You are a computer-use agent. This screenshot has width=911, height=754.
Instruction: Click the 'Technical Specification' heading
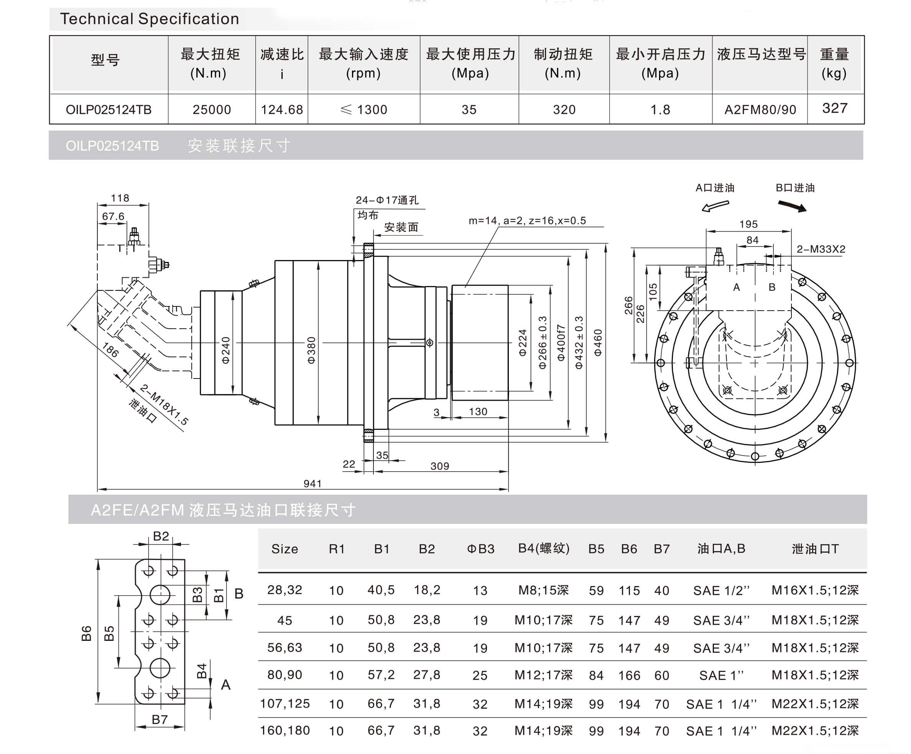coord(149,19)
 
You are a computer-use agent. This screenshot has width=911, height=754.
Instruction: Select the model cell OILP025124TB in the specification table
coord(109,110)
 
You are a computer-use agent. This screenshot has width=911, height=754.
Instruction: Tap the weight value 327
coord(835,108)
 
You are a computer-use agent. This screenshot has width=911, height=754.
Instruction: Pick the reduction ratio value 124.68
coord(282,110)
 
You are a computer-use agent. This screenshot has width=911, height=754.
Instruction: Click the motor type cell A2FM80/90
coord(760,110)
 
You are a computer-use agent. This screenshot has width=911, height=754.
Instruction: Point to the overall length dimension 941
coord(312,483)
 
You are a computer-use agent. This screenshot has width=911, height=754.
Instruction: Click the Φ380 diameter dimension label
coord(311,350)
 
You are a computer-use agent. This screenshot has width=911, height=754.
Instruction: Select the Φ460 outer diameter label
coord(598,343)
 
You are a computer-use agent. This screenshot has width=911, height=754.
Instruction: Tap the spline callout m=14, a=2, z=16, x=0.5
coord(527,221)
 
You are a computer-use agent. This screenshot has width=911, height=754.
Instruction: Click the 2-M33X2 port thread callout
coord(821,249)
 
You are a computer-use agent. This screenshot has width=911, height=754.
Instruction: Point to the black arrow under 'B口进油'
coord(792,206)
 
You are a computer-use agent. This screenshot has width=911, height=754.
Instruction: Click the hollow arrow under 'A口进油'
coord(715,206)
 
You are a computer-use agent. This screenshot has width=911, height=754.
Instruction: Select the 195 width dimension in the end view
coord(748,224)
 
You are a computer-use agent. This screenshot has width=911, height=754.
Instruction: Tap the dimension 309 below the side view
coord(439,466)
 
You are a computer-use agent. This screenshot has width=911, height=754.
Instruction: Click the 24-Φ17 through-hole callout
coord(387,200)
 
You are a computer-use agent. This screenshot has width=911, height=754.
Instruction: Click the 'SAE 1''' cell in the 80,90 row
coord(721,675)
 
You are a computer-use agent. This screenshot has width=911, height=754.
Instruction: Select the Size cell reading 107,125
coord(284,704)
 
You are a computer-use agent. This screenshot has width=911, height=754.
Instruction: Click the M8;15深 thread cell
coord(543,591)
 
